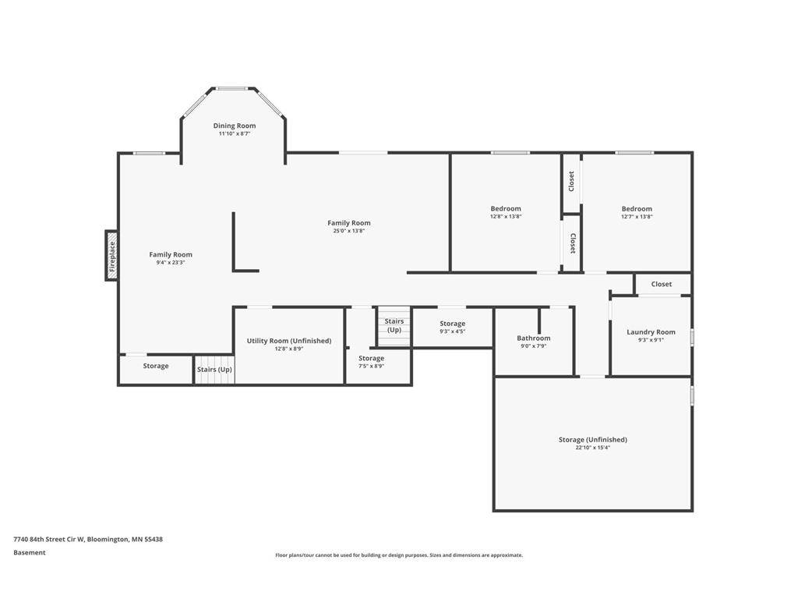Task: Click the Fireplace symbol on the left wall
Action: (x=111, y=255)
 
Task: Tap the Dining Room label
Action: (x=235, y=126)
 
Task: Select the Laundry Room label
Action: (x=651, y=332)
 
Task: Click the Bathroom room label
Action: (x=533, y=338)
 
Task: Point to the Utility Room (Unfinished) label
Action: (x=289, y=341)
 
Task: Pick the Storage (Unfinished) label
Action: (x=593, y=440)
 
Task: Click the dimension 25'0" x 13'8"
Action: (x=349, y=231)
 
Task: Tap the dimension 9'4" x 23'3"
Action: (x=171, y=262)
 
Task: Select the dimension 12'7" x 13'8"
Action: (x=637, y=217)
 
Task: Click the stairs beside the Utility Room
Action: (x=214, y=370)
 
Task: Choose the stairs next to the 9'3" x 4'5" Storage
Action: (x=394, y=326)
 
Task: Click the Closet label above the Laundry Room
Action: (x=661, y=284)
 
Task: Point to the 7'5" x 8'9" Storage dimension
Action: (x=371, y=367)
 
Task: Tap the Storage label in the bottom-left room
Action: (x=156, y=366)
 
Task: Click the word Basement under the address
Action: (x=30, y=553)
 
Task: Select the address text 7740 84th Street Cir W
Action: (x=49, y=540)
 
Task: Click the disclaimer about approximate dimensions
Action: (x=399, y=555)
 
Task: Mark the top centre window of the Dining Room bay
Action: (x=232, y=89)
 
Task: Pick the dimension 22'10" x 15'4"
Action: (x=593, y=448)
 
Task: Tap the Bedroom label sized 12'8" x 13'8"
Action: (x=506, y=209)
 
